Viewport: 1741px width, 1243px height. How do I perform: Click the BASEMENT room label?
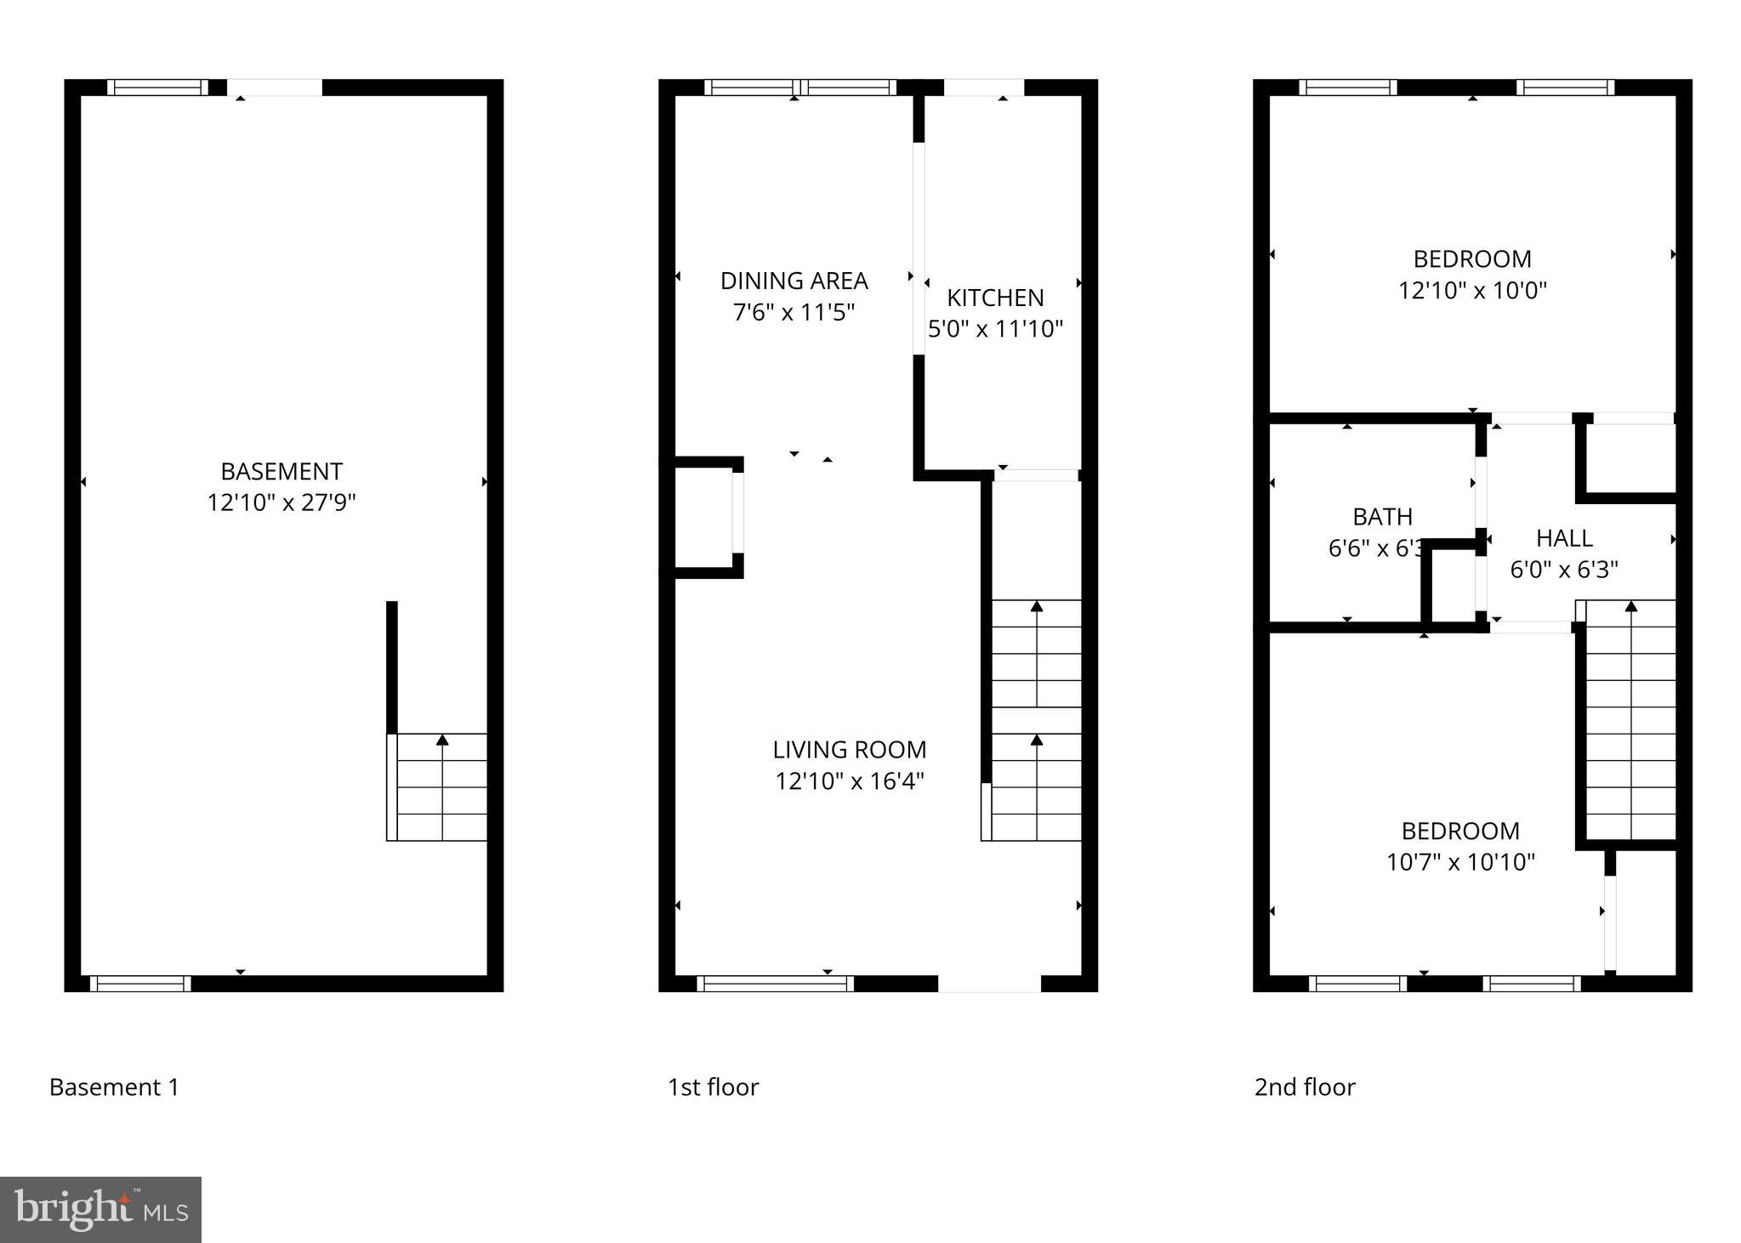pyautogui.click(x=282, y=471)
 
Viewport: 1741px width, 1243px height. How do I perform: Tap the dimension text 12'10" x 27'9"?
pyautogui.click(x=282, y=502)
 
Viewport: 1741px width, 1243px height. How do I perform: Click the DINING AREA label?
pyautogui.click(x=794, y=281)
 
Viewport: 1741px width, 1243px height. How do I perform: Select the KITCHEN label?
pyautogui.click(x=995, y=298)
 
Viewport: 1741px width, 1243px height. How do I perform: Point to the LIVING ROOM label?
pyautogui.click(x=849, y=749)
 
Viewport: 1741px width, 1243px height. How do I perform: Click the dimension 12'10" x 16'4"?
pyautogui.click(x=849, y=780)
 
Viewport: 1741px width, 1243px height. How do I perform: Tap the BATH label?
pyautogui.click(x=1382, y=516)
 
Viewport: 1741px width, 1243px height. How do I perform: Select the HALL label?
pyautogui.click(x=1563, y=537)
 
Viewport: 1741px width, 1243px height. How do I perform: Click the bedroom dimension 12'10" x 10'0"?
pyautogui.click(x=1472, y=290)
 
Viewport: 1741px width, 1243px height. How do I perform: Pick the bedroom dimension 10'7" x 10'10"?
pyautogui.click(x=1460, y=862)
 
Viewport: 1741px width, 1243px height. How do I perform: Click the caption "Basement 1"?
pyautogui.click(x=114, y=1087)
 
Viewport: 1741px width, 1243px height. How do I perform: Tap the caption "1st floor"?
pyautogui.click(x=713, y=1087)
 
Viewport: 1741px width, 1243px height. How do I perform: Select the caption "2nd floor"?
pyautogui.click(x=1305, y=1087)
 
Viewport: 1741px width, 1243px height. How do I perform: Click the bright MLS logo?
pyautogui.click(x=100, y=1209)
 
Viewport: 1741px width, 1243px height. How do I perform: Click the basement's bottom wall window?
pyautogui.click(x=140, y=984)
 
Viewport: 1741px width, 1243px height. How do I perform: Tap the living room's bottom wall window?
pyautogui.click(x=775, y=984)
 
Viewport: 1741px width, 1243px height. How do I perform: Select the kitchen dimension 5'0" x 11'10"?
pyautogui.click(x=995, y=329)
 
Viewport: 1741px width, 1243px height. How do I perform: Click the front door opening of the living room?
pyautogui.click(x=989, y=984)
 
